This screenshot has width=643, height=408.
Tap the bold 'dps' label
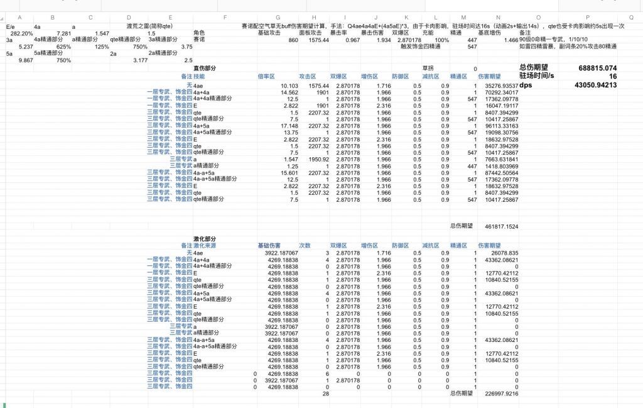point(526,85)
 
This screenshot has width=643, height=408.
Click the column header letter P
point(588,18)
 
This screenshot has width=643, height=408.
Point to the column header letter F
point(224,18)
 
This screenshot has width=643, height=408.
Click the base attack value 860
point(293,40)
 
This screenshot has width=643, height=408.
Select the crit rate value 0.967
point(352,40)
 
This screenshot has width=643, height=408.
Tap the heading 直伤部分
point(204,68)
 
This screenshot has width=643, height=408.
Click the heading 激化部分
point(204,240)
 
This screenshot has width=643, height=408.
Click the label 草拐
point(428,68)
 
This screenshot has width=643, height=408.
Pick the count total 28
point(325,394)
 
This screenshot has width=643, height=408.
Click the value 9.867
point(26,60)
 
